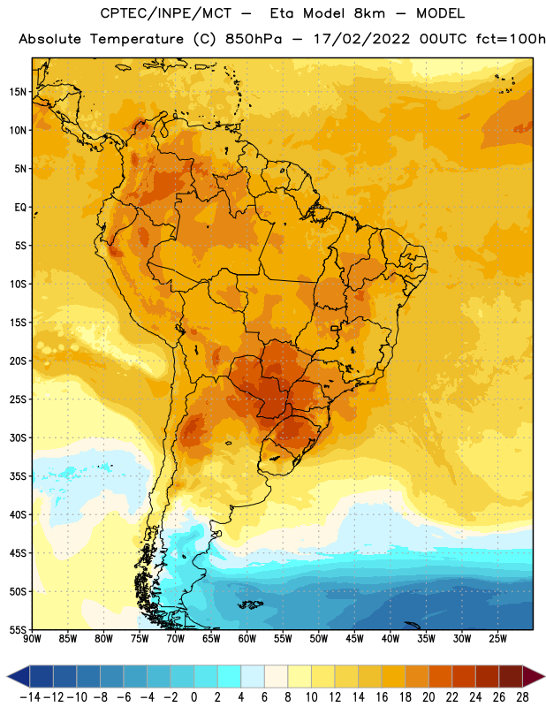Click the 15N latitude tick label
18,92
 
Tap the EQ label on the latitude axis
20,208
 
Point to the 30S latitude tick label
18,437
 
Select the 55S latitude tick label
18,630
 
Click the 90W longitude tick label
33,639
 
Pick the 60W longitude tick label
247,639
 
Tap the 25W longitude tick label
497,639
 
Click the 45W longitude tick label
354,639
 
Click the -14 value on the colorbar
30,697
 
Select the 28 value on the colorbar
522,697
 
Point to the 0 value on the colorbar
194,697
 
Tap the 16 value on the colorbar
382,697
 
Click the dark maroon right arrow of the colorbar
534,676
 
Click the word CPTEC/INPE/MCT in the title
166,13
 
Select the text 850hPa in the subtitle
254,39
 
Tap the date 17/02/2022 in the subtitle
362,39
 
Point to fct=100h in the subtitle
511,39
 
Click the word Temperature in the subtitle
137,39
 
